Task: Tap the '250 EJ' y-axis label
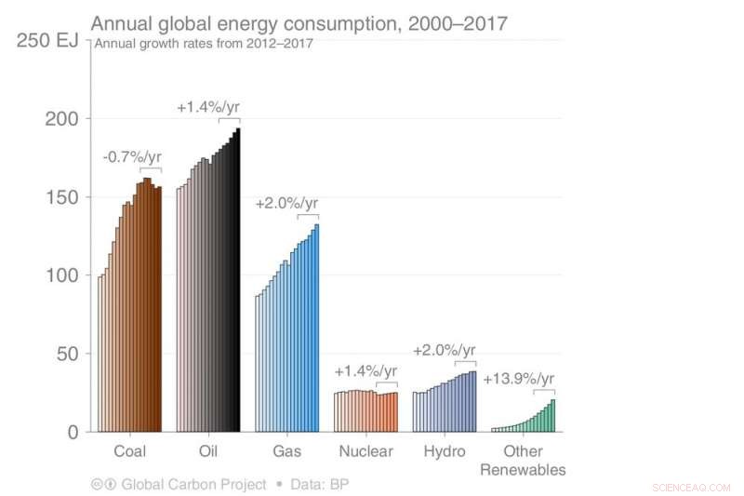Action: point(44,40)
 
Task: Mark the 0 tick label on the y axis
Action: point(73,432)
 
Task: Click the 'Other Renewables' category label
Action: point(523,461)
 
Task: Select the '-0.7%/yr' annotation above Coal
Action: point(131,156)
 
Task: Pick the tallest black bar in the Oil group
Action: point(238,279)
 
